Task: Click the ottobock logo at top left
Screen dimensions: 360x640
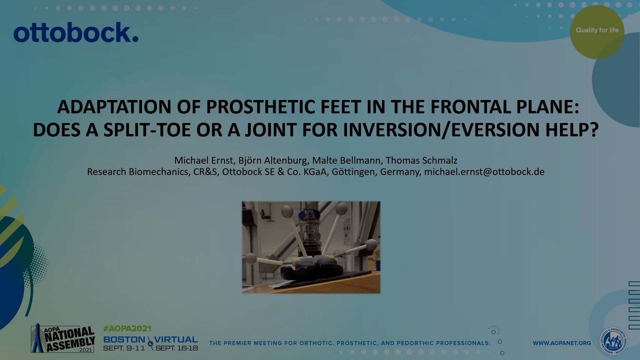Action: click(76, 33)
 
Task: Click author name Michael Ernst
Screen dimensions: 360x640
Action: click(203, 160)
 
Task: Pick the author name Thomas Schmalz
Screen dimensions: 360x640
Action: click(421, 160)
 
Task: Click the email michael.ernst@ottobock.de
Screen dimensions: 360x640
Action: click(484, 172)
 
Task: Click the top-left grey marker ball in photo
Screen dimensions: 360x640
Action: click(287, 211)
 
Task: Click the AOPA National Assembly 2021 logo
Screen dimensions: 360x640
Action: click(63, 339)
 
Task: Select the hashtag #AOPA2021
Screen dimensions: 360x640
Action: click(127, 328)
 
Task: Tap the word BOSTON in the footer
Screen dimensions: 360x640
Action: click(124, 340)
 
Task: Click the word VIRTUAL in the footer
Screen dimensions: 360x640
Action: click(176, 340)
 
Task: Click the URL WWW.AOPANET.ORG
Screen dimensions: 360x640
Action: click(562, 343)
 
